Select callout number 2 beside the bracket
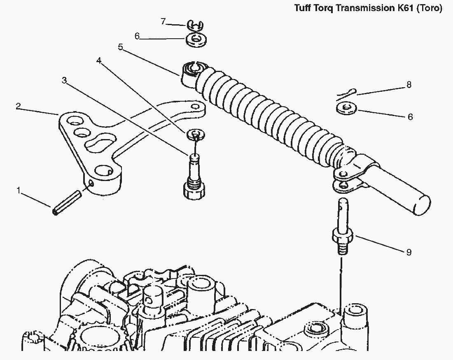[18, 106]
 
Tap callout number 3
[64, 80]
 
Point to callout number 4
[98, 60]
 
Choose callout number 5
[120, 47]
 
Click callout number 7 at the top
[163, 21]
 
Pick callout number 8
[409, 85]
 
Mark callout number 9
[409, 252]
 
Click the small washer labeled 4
[196, 134]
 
